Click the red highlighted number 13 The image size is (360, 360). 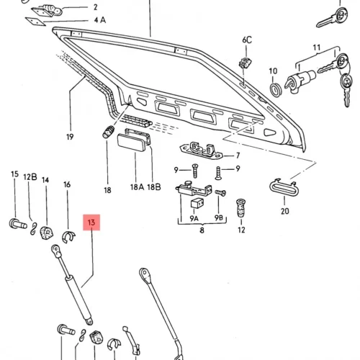click(x=91, y=222)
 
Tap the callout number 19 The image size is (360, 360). click(x=70, y=137)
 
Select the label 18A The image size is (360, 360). click(x=137, y=187)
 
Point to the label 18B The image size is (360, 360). click(x=154, y=187)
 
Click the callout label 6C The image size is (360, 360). click(x=247, y=40)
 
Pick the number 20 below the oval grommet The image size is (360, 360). click(x=285, y=211)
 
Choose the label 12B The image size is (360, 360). click(x=30, y=177)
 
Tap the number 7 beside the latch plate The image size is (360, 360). click(x=238, y=156)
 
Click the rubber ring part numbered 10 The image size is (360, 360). click(x=275, y=90)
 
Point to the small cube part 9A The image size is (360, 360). click(x=197, y=204)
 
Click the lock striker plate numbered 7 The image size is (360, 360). click(x=201, y=150)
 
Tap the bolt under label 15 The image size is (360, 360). click(x=18, y=224)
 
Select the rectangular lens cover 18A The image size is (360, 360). click(x=131, y=143)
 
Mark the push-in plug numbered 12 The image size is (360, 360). click(x=241, y=208)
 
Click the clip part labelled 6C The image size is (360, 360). click(x=246, y=63)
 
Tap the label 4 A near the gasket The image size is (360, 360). click(x=100, y=20)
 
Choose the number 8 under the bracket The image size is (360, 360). click(x=202, y=230)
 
